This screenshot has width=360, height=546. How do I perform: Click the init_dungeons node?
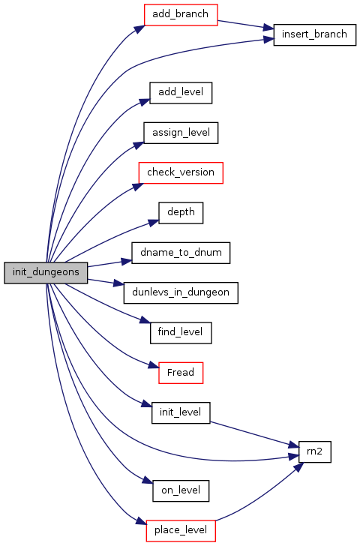tap(46, 273)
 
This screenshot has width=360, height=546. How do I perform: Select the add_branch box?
tap(181, 15)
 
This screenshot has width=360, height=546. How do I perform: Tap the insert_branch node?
tap(314, 34)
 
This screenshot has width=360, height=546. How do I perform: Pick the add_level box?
tap(181, 93)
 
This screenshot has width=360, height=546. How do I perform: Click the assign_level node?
tap(181, 133)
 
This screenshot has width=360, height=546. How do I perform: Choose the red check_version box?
tap(181, 172)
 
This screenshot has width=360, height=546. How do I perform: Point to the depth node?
tap(181, 213)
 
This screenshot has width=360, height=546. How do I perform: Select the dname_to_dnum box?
tap(181, 253)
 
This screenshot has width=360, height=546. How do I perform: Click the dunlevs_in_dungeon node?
tap(181, 292)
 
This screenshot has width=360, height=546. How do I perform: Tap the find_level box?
tap(181, 333)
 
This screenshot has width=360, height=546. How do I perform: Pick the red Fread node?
tap(181, 373)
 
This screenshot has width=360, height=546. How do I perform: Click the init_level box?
tap(181, 413)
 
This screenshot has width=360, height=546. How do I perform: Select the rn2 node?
tap(314, 452)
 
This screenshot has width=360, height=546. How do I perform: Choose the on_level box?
tap(181, 491)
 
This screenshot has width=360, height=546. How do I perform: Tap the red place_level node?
tap(181, 531)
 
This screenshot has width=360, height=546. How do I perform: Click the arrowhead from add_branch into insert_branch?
tap(268, 28)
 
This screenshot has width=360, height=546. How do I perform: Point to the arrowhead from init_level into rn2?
tap(293, 445)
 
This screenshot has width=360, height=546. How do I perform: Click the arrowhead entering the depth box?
tap(154, 222)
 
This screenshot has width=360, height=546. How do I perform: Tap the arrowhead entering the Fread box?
tap(154, 365)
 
